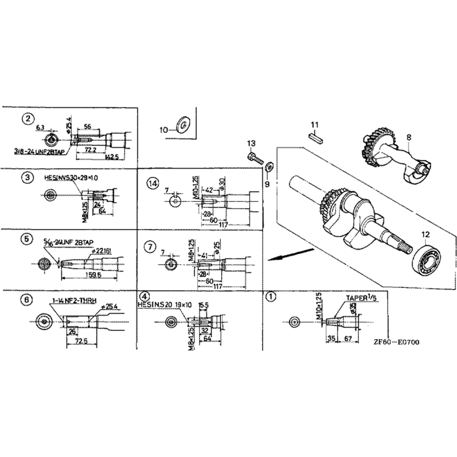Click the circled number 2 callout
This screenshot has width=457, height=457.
[28, 119]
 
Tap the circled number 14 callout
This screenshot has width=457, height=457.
[152, 183]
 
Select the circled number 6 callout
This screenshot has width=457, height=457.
[27, 300]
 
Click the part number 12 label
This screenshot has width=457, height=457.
[426, 234]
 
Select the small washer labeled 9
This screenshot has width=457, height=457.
[269, 167]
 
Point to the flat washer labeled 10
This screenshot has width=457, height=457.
[184, 124]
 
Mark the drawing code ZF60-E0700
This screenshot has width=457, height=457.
[396, 342]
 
